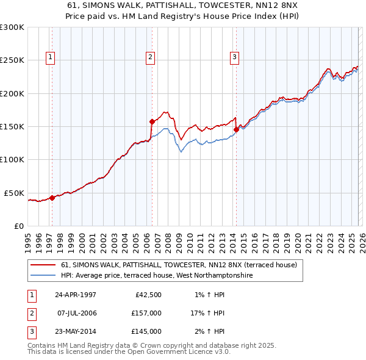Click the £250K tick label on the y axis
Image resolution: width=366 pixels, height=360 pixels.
12,60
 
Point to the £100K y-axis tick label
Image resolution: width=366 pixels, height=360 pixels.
12,159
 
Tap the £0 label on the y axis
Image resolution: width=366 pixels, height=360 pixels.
18,226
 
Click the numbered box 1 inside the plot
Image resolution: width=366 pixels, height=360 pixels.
49,57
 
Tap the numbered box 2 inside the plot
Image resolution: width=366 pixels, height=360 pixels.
150,57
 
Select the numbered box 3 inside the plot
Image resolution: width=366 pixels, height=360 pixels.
234,57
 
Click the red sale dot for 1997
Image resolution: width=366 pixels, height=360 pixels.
52,197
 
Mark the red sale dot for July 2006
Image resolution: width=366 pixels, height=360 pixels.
152,121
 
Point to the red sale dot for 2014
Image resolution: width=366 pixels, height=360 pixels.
236,129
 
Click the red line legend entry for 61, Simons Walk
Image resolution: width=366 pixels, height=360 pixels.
179,265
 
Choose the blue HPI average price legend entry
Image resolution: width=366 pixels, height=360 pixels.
157,276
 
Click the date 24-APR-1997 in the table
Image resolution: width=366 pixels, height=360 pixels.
76,295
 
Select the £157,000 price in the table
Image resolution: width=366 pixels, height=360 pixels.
146,313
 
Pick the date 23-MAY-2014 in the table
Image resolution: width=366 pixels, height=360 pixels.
76,331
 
